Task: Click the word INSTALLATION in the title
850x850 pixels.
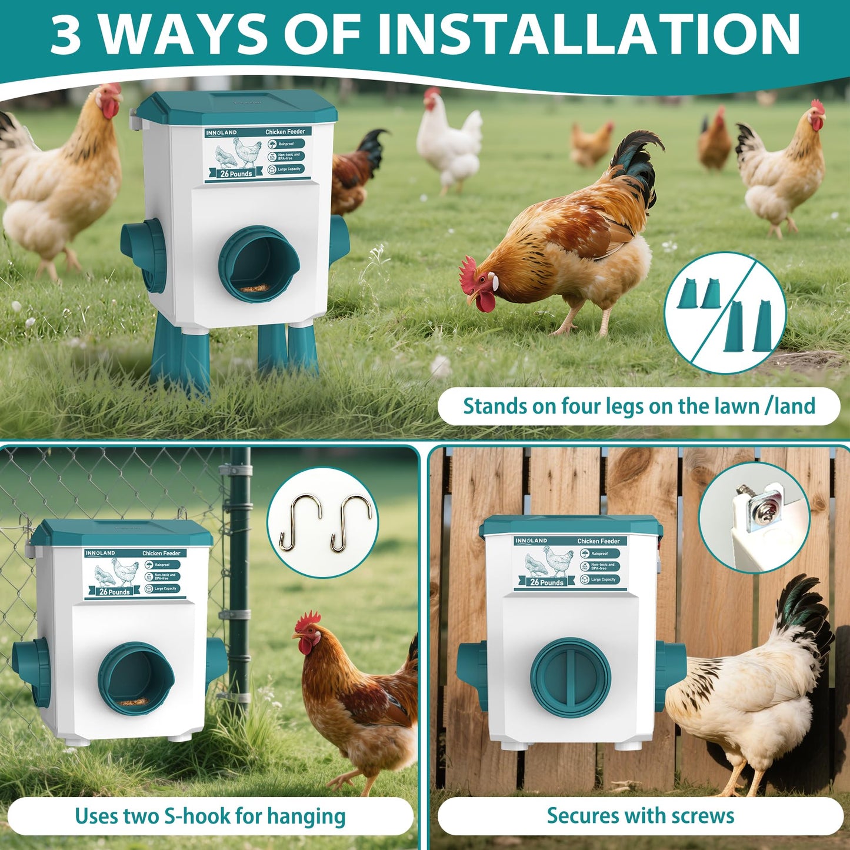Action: click(588, 34)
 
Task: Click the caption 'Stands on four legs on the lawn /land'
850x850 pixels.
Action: click(639, 406)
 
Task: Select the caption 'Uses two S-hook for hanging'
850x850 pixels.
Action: click(210, 816)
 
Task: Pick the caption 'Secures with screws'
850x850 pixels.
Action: click(640, 816)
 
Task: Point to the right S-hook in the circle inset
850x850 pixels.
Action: click(351, 523)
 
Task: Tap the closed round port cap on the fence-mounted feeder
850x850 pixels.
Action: click(570, 676)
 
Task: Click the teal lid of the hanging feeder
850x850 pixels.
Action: click(122, 533)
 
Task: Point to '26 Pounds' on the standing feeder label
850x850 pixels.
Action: click(236, 174)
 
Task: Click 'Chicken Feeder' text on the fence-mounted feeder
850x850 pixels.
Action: click(598, 541)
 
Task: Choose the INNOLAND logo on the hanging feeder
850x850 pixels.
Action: click(100, 554)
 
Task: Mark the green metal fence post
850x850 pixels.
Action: click(239, 576)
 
